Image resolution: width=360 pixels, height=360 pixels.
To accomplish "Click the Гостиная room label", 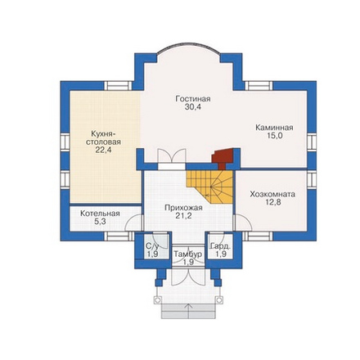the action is pyautogui.click(x=193, y=99).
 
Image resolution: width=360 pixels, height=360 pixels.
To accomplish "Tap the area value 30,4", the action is pyautogui.click(x=193, y=107).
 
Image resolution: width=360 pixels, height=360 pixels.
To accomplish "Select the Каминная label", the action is pyautogui.click(x=274, y=128).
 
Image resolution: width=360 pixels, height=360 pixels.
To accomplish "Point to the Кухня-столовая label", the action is pyautogui.click(x=103, y=137).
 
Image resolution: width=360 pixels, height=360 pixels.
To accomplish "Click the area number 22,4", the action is pyautogui.click(x=103, y=150).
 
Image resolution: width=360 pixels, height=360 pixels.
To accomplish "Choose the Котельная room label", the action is pyautogui.click(x=100, y=214).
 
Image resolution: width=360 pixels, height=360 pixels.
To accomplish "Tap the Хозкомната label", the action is pyautogui.click(x=272, y=194).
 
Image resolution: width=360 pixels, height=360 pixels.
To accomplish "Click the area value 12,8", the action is pyautogui.click(x=272, y=202).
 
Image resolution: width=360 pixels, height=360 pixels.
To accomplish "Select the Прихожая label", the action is pyautogui.click(x=183, y=208).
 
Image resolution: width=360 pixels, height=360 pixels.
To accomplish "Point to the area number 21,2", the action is pyautogui.click(x=183, y=216).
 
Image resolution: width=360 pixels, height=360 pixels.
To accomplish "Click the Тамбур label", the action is pyautogui.click(x=188, y=254).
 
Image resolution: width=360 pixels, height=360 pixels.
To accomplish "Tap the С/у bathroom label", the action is pyautogui.click(x=152, y=246).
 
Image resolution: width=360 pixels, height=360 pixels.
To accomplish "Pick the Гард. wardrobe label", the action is pyautogui.click(x=221, y=246).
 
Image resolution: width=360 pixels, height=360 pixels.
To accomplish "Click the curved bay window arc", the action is pyautogui.click(x=188, y=43).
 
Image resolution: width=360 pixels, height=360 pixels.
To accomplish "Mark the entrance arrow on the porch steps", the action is pyautogui.click(x=188, y=310).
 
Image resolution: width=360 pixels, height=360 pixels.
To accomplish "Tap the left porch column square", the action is pyautogui.click(x=157, y=300).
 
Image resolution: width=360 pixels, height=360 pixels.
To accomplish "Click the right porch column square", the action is pyautogui.click(x=219, y=300).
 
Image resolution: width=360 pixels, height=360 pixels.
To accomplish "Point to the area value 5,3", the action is pyautogui.click(x=100, y=222).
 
